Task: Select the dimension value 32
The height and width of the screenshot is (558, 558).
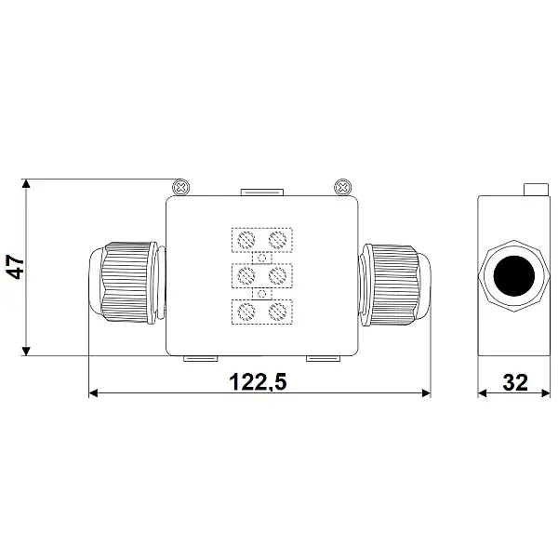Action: click(513, 380)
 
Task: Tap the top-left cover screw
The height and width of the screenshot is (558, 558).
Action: click(182, 187)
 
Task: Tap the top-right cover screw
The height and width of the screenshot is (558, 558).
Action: click(341, 187)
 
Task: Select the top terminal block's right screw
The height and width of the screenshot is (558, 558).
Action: click(276, 240)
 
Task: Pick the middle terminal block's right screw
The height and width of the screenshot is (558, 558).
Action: click(276, 276)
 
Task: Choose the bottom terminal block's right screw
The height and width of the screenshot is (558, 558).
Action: click(276, 312)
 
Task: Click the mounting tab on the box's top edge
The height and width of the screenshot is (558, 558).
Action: click(261, 193)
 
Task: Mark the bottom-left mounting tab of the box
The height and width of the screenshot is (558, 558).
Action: click(199, 358)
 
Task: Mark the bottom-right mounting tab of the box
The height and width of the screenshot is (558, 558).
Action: click(325, 358)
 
